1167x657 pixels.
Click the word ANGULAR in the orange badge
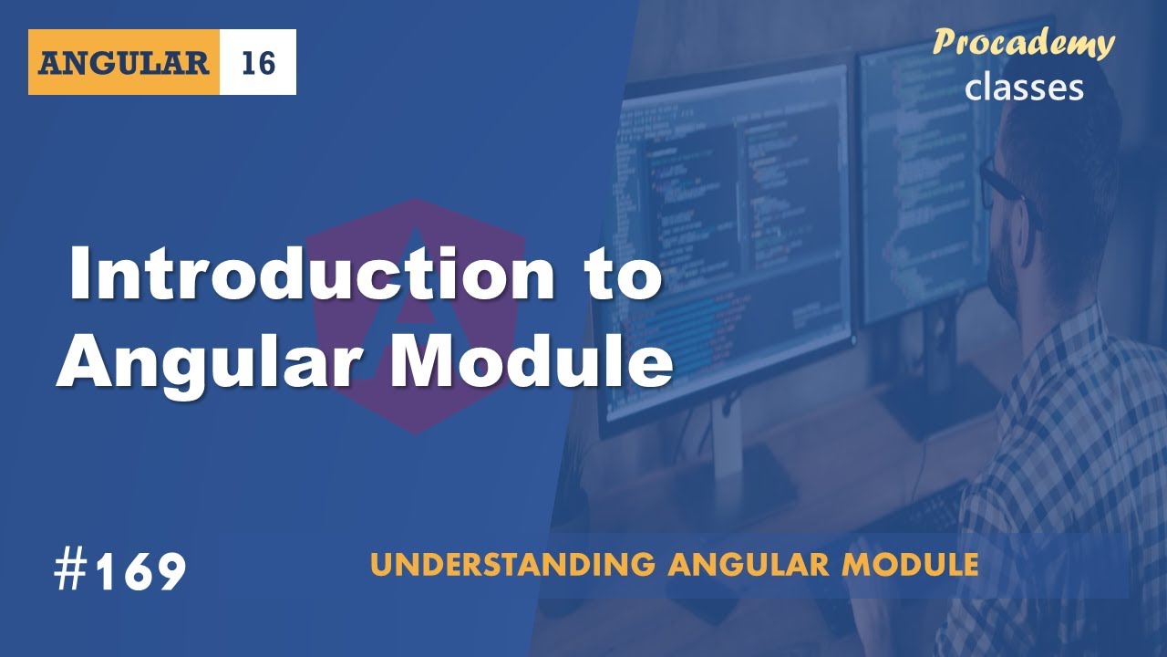(124, 63)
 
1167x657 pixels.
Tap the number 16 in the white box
(258, 63)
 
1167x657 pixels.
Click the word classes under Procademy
(1024, 87)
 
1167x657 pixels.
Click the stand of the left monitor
(729, 456)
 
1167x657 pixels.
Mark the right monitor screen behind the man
(921, 182)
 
